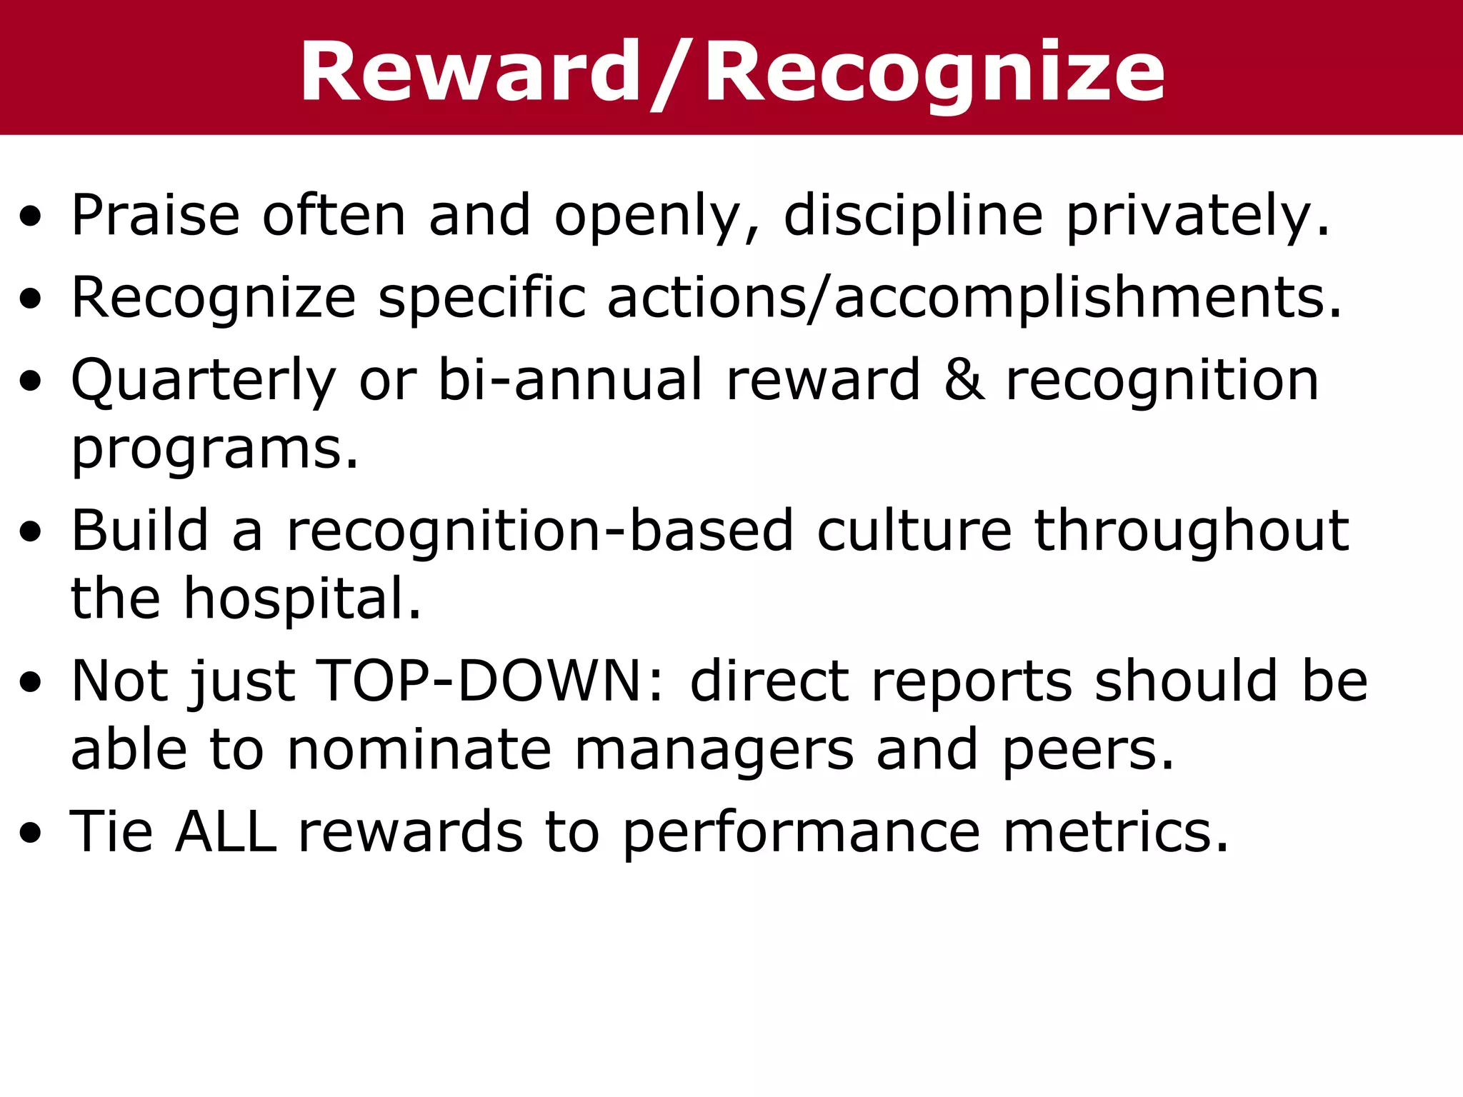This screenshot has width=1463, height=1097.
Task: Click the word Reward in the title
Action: click(x=470, y=73)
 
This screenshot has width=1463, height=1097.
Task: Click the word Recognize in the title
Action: click(x=934, y=73)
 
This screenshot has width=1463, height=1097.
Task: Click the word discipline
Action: click(x=913, y=215)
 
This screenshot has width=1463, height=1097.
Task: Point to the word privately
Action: click(x=1197, y=215)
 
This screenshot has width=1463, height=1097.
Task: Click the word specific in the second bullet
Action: click(x=481, y=298)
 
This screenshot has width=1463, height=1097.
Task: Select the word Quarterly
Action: click(x=203, y=381)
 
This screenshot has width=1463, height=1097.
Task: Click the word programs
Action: click(x=214, y=450)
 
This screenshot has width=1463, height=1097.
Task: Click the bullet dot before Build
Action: click(x=30, y=533)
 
